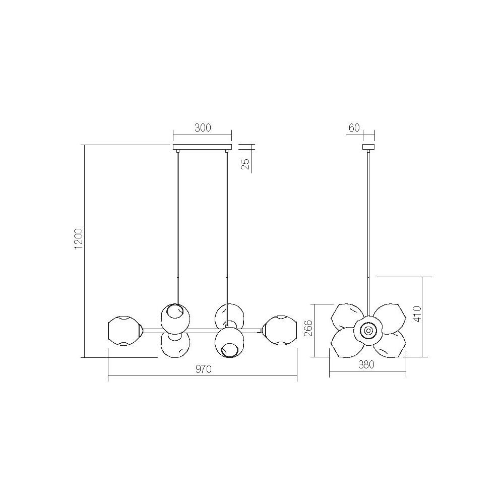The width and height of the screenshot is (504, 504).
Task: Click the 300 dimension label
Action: tap(202, 128)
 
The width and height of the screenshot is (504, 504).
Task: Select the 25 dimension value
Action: tap(246, 164)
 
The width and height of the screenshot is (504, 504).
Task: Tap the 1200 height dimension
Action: tap(78, 238)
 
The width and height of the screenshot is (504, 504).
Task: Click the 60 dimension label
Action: tap(354, 128)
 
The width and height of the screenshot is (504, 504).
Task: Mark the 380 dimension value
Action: tap(367, 366)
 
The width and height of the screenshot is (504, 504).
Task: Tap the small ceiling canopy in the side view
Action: tap(369, 148)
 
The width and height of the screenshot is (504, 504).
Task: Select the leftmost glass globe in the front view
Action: tap(123, 331)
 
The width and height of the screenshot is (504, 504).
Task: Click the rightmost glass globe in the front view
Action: tap(280, 331)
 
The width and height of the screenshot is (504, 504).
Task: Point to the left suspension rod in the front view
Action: tap(177, 227)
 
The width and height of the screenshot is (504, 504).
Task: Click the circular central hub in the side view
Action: tap(368, 331)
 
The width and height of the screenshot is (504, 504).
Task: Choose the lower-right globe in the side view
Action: tap(390, 345)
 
